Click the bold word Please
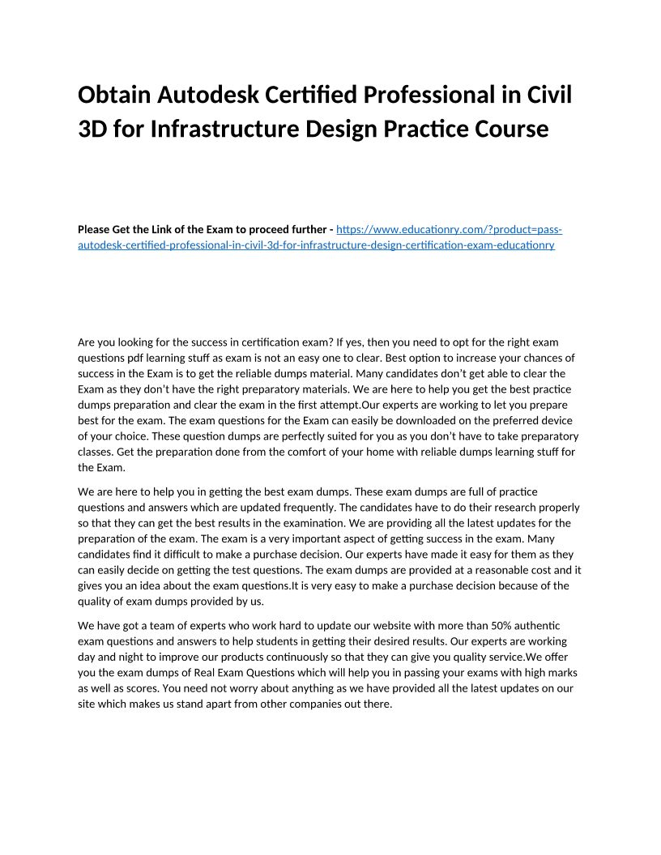[x=94, y=229]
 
